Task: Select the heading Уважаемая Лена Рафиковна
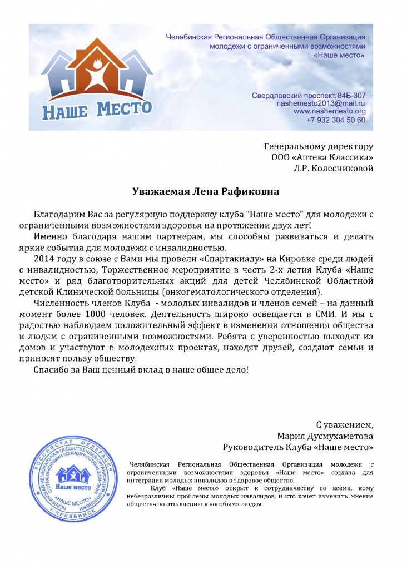pos(205,191)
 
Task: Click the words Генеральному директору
pos(317,146)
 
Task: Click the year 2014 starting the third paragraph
pos(45,259)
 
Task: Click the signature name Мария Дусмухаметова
pos(325,436)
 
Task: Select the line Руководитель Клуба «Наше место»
pos(297,447)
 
